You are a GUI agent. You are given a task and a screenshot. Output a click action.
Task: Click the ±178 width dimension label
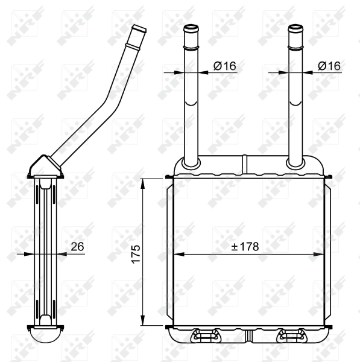pyautogui.click(x=245, y=246)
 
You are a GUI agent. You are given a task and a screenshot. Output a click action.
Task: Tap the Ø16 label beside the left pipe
pyautogui.click(x=225, y=66)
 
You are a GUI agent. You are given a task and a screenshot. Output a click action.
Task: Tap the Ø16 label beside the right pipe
pyautogui.click(x=329, y=66)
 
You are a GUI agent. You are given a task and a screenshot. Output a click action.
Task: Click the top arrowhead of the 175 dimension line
pyautogui.click(x=143, y=182)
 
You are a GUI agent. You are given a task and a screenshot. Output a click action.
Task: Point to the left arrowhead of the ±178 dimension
pyautogui.click(x=177, y=254)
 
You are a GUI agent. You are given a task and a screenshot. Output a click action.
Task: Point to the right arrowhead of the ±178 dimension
pyautogui.click(x=321, y=254)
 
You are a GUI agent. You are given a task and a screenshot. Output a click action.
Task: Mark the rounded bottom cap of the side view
pyautogui.click(x=45, y=335)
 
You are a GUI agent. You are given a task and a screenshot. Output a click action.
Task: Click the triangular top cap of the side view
pyautogui.click(x=45, y=167)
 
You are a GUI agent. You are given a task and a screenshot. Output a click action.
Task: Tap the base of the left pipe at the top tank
pyautogui.click(x=191, y=163)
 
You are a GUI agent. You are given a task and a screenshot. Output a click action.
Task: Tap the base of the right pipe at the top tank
pyautogui.click(x=295, y=163)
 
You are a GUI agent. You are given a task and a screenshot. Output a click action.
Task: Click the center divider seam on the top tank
pyautogui.click(x=244, y=164)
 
